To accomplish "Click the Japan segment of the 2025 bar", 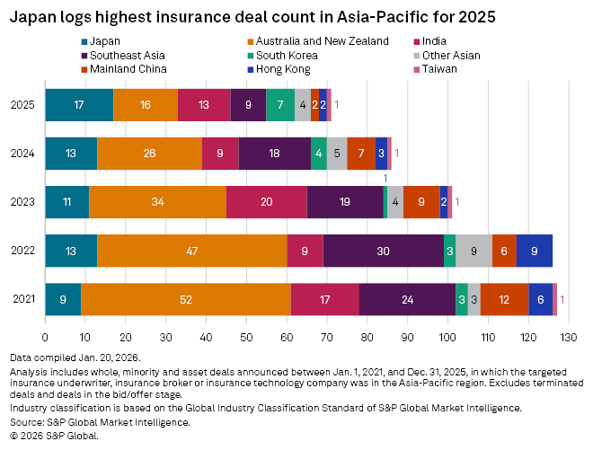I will pyautogui.click(x=79, y=105).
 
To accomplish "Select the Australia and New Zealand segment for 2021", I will pyautogui.click(x=186, y=299).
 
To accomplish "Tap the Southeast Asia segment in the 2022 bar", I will pyautogui.click(x=383, y=251).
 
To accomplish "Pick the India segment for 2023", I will pyautogui.click(x=266, y=202).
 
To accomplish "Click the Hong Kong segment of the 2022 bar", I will pyautogui.click(x=535, y=251).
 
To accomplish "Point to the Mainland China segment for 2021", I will pyautogui.click(x=504, y=299).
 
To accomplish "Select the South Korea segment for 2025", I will pyautogui.click(x=280, y=105).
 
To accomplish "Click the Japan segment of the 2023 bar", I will pyautogui.click(x=66, y=202).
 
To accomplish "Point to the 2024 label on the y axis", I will pyautogui.click(x=24, y=154).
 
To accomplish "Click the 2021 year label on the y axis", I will pyautogui.click(x=24, y=299).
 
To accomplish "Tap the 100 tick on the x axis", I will pyautogui.click(x=447, y=337).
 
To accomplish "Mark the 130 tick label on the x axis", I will pyautogui.click(x=568, y=337).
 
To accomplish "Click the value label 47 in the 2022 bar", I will pyautogui.click(x=191, y=251).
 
